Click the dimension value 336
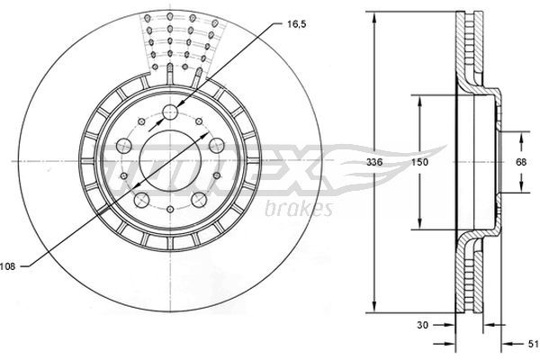(374, 162)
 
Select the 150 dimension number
(419, 162)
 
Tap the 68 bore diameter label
(521, 162)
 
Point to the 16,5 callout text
(296, 24)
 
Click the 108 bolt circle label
(7, 266)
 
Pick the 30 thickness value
(423, 325)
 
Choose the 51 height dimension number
(533, 344)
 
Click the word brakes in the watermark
(299, 208)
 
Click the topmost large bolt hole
(170, 112)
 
